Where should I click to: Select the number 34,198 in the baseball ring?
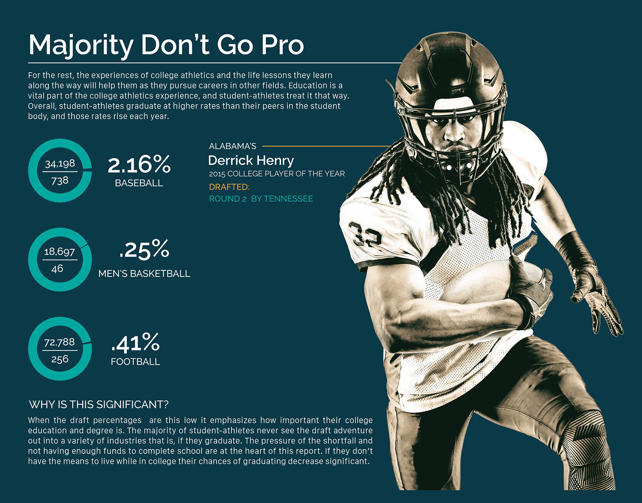click(x=60, y=164)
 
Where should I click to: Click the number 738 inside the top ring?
click(x=60, y=181)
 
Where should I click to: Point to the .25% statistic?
click(x=144, y=249)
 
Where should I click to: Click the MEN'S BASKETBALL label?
click(x=144, y=274)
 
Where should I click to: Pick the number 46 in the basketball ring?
click(x=57, y=268)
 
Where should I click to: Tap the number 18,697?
click(x=60, y=251)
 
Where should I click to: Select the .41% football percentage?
click(x=135, y=343)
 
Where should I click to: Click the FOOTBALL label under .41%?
click(x=135, y=362)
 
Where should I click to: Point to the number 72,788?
click(x=60, y=342)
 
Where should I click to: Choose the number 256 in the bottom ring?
click(x=60, y=359)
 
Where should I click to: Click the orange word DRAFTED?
click(x=229, y=187)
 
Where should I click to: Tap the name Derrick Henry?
click(x=251, y=160)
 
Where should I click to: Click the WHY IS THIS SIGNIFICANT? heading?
click(x=99, y=404)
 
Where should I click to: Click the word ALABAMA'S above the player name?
click(x=233, y=146)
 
